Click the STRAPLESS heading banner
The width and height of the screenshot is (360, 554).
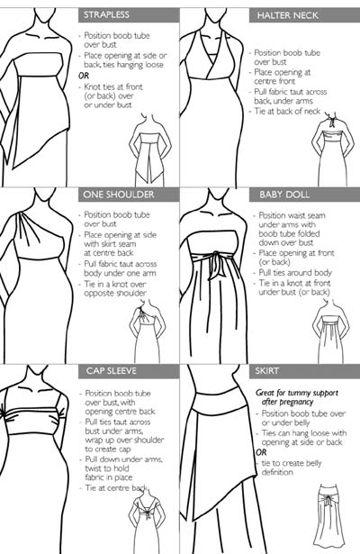[x=129, y=14]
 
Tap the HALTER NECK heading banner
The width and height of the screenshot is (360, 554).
[x=304, y=15]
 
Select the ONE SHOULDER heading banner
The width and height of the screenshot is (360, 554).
[x=129, y=195]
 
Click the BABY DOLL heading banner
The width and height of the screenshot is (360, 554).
[x=304, y=195]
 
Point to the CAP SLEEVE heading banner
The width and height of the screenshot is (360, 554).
[x=129, y=371]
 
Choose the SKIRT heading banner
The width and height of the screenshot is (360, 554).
[x=304, y=371]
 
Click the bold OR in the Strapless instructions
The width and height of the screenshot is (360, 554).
[x=84, y=76]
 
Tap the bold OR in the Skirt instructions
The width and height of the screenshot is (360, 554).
[x=261, y=452]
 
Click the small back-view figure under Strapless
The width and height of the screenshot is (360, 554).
[x=150, y=150]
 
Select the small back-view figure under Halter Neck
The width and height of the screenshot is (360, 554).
[x=332, y=150]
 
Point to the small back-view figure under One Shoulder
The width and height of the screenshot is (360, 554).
[x=148, y=331]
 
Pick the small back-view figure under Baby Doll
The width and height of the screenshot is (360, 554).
[x=331, y=331]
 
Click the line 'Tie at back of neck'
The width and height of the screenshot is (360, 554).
[x=287, y=112]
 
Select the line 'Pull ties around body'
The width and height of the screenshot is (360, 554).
[x=295, y=273]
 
